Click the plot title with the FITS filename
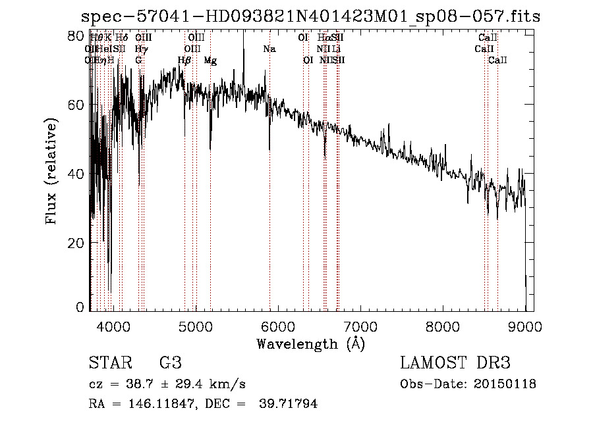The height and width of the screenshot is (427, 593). (x=310, y=16)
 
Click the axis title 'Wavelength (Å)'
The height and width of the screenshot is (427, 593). (x=310, y=343)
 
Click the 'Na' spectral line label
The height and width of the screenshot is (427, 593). (x=269, y=49)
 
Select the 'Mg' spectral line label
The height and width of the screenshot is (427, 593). (x=210, y=61)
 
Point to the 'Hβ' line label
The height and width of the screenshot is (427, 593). (x=184, y=61)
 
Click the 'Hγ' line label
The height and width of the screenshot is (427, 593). (x=140, y=49)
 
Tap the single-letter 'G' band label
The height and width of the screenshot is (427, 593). (x=138, y=61)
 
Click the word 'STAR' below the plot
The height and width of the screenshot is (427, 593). (x=109, y=363)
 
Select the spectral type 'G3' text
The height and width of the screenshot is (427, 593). (x=170, y=363)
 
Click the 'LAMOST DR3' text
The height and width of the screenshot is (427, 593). (x=455, y=363)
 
